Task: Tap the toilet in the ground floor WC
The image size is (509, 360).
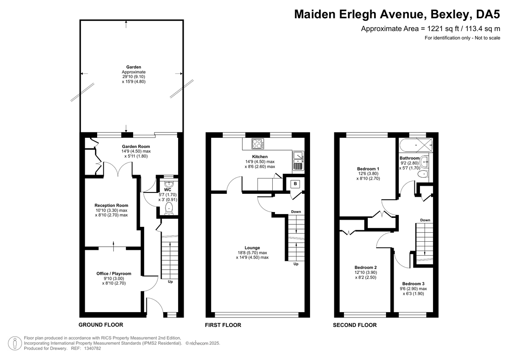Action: [x=169, y=208]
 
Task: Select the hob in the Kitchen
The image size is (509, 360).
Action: [x=257, y=144]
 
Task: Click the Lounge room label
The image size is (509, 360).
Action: [x=252, y=248]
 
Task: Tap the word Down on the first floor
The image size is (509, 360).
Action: [x=296, y=212]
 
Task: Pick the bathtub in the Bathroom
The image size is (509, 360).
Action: [x=417, y=144]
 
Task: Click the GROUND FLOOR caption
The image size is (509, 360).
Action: [x=101, y=325]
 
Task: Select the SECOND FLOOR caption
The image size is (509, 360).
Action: [x=355, y=325]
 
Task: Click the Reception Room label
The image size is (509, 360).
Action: [x=111, y=205]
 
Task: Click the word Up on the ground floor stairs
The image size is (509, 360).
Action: [x=171, y=282]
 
